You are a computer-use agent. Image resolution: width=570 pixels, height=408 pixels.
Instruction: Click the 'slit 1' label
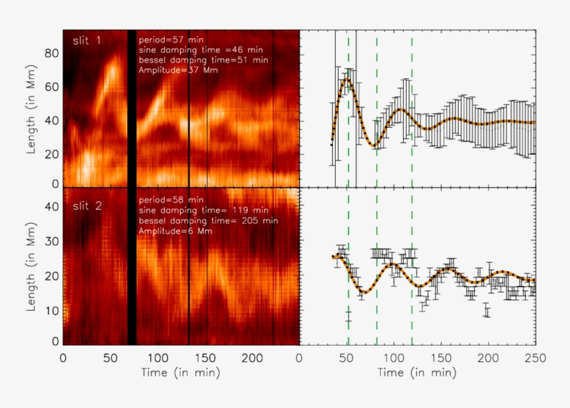click(x=87, y=41)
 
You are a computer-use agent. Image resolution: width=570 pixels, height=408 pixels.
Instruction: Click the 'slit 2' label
click(x=87, y=206)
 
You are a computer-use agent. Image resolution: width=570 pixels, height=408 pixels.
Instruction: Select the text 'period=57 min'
click(x=167, y=40)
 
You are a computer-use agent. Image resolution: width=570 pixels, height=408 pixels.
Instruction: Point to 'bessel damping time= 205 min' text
click(x=208, y=220)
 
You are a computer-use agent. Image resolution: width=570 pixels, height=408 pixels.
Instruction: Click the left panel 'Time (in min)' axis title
click(x=181, y=373)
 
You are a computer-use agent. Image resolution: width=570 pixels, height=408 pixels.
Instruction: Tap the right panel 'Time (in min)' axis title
click(x=417, y=373)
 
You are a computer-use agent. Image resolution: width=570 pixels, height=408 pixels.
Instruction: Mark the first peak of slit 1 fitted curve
click(x=347, y=81)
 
